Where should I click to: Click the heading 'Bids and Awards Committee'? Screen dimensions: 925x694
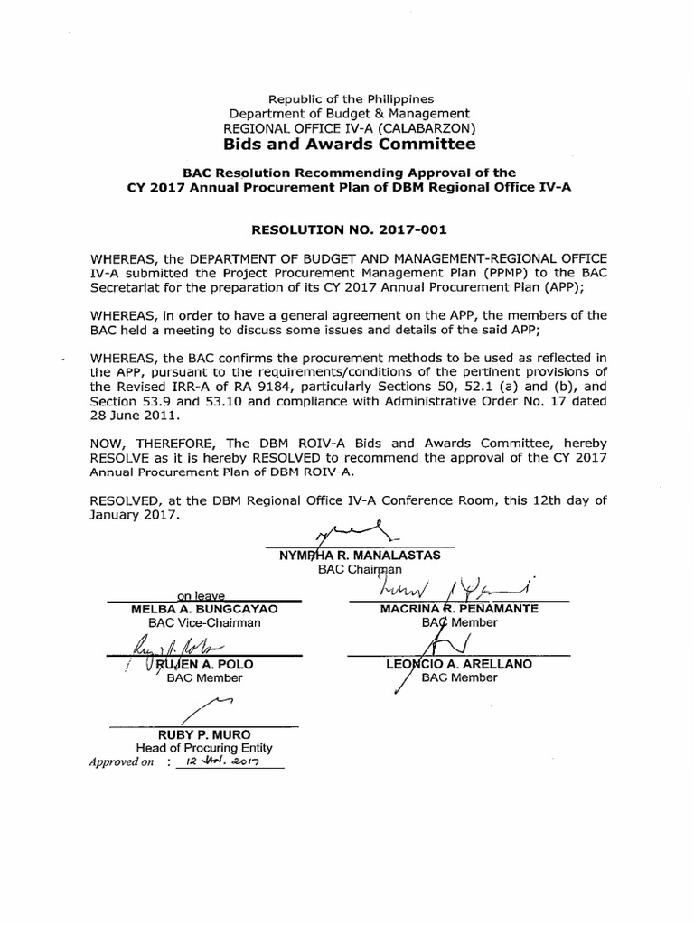350,145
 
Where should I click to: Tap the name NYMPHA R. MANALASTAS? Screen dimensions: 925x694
359,555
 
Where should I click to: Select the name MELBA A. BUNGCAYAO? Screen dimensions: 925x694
203,609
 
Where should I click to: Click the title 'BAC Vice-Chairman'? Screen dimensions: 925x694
203,622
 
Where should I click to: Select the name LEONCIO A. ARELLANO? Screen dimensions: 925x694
458,665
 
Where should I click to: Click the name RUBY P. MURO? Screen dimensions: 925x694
203,734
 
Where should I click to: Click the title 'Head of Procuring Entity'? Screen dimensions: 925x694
203,748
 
